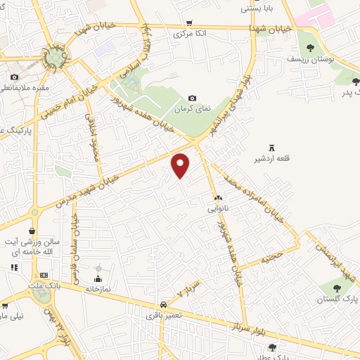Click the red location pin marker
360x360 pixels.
(x=181, y=165)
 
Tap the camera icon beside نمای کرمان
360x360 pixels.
(x=192, y=98)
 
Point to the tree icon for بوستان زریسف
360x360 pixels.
(x=310, y=48)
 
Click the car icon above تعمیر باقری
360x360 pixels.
(x=163, y=304)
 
